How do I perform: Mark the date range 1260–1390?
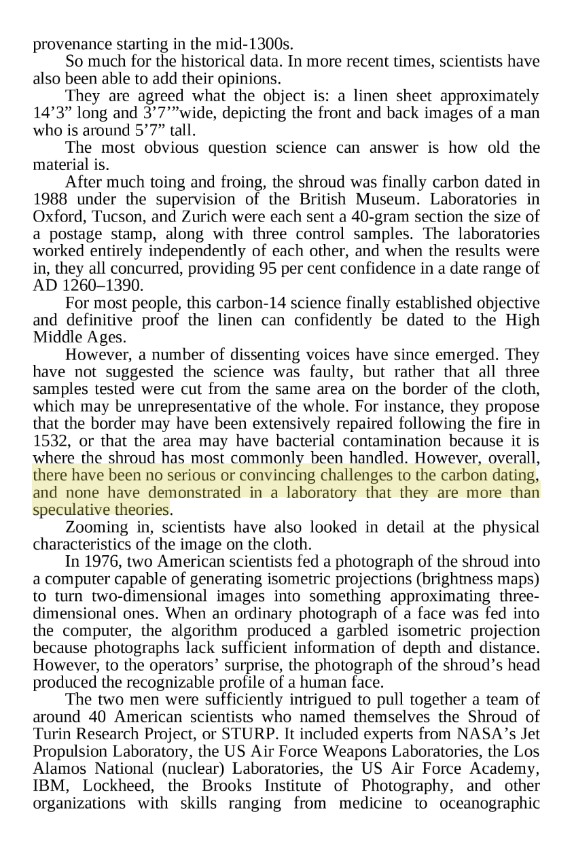(94, 285)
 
